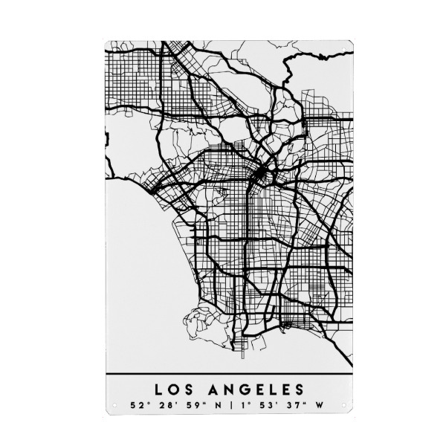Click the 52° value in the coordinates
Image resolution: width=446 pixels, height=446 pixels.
[x=136, y=406]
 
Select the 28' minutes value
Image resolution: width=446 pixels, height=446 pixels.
[x=163, y=406]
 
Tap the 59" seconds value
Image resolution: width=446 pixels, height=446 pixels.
[x=191, y=406]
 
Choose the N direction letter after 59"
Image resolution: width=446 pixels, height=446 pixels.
[x=215, y=406]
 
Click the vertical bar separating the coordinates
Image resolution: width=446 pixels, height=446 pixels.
[x=231, y=406]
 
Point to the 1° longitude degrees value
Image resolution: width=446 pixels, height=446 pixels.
[x=246, y=406]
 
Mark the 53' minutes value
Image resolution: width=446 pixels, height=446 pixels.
[x=268, y=406]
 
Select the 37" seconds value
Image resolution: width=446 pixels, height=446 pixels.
[x=296, y=406]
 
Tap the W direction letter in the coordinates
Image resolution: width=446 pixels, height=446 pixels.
[x=320, y=406]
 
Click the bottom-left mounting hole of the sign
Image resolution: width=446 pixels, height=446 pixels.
[x=114, y=406]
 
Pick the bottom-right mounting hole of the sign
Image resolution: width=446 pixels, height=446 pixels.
[x=344, y=406]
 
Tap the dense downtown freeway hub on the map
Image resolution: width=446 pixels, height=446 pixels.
[x=261, y=175]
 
